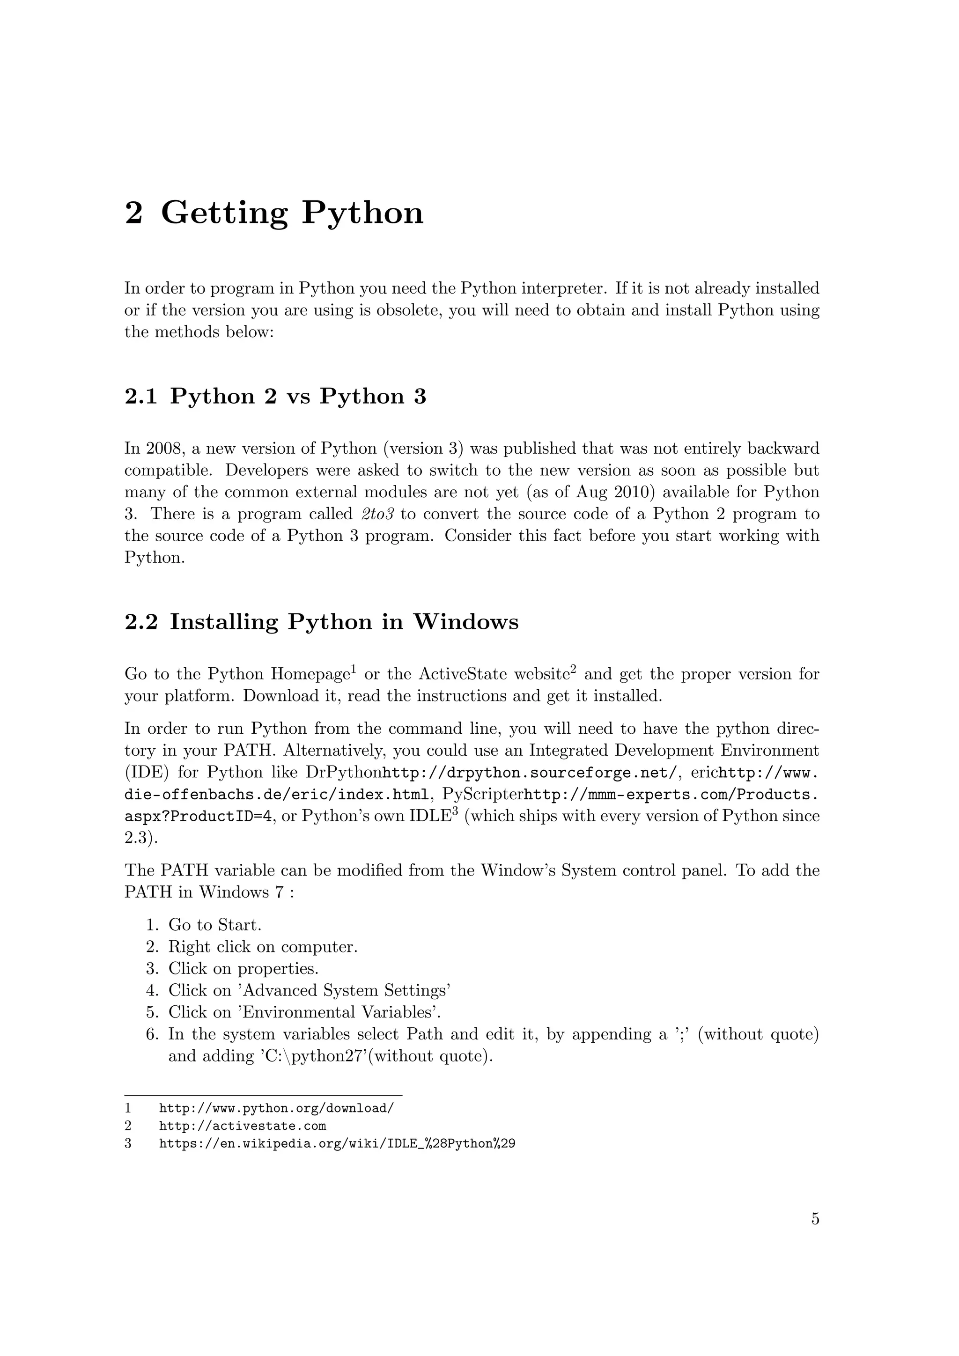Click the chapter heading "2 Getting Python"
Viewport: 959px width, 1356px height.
pyautogui.click(x=274, y=213)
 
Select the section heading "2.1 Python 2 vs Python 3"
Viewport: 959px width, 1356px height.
pyautogui.click(x=275, y=396)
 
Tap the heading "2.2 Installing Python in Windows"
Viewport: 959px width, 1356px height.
pyautogui.click(x=321, y=622)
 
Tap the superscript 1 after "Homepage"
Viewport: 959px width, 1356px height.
pyautogui.click(x=353, y=669)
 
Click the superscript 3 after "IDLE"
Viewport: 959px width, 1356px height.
pyautogui.click(x=455, y=811)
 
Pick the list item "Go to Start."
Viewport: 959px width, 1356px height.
pyautogui.click(x=214, y=925)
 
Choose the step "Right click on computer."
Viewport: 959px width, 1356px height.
pyautogui.click(x=263, y=947)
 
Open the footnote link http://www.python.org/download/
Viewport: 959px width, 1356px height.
pyautogui.click(x=276, y=1108)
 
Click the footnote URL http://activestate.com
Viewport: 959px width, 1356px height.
pyautogui.click(x=243, y=1126)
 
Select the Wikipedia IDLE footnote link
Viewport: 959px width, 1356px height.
pyautogui.click(x=337, y=1143)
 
